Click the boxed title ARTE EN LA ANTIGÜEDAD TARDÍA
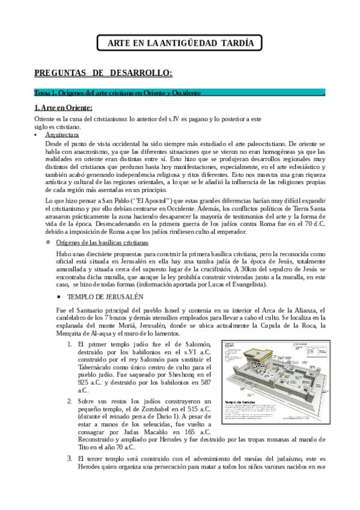click(179, 44)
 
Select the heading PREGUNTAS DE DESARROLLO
click(103, 73)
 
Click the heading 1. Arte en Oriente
click(63, 108)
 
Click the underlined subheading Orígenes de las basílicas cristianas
click(102, 242)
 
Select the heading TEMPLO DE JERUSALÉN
click(105, 297)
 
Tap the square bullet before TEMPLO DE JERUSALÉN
click(59, 297)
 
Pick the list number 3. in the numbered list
click(69, 458)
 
